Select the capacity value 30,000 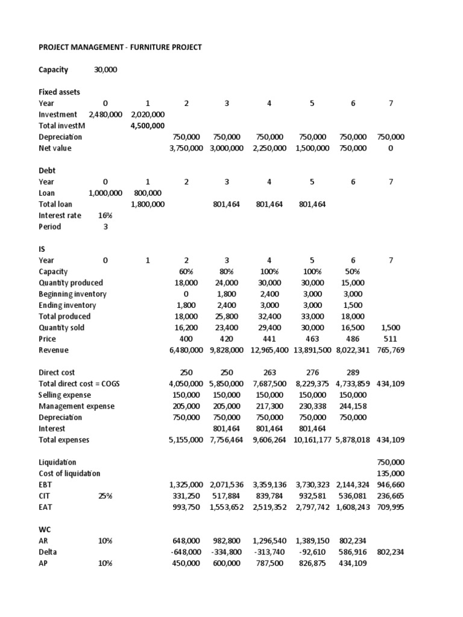point(106,70)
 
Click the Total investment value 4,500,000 point(148,126)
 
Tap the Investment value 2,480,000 point(106,114)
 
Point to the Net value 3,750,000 point(186,148)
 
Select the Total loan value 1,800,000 point(148,205)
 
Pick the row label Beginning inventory point(72,294)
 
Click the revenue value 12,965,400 point(269,350)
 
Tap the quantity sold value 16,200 point(186,328)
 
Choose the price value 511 point(391,339)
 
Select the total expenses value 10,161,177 point(312,440)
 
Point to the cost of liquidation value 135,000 point(391,474)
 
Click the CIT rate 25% point(106,496)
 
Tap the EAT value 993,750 point(186,507)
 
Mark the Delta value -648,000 point(186,552)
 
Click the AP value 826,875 point(312,563)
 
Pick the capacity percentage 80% point(227,272)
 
